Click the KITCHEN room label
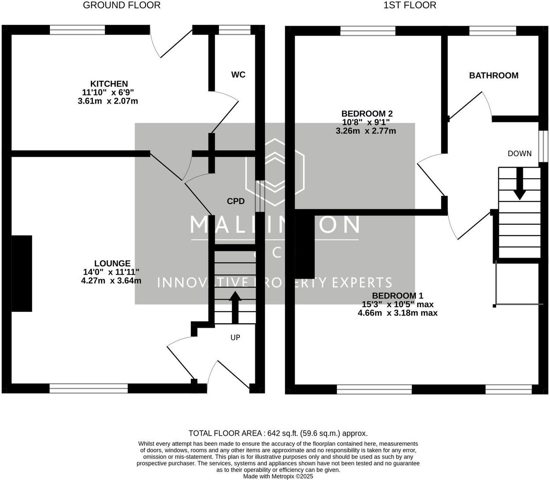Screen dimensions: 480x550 pyautogui.click(x=109, y=84)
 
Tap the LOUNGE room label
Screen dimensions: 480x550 pyautogui.click(x=112, y=263)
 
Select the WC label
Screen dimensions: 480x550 pyautogui.click(x=238, y=75)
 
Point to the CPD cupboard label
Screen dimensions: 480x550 pyautogui.click(x=236, y=201)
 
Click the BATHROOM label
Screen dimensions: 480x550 pyautogui.click(x=493, y=75)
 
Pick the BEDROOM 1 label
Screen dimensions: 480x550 pyautogui.click(x=398, y=296)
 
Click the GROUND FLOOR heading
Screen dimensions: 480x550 pyautogui.click(x=121, y=5)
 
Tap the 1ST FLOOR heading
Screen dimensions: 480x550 pyautogui.click(x=410, y=5)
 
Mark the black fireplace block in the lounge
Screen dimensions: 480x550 pyautogui.click(x=21, y=273)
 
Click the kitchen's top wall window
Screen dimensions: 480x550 pyautogui.click(x=77, y=30)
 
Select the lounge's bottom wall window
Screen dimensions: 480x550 pyautogui.click(x=88, y=389)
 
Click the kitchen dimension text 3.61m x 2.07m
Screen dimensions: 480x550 pyautogui.click(x=108, y=101)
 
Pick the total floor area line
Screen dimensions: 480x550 pyautogui.click(x=278, y=433)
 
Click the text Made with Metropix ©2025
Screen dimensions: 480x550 pyautogui.click(x=278, y=476)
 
